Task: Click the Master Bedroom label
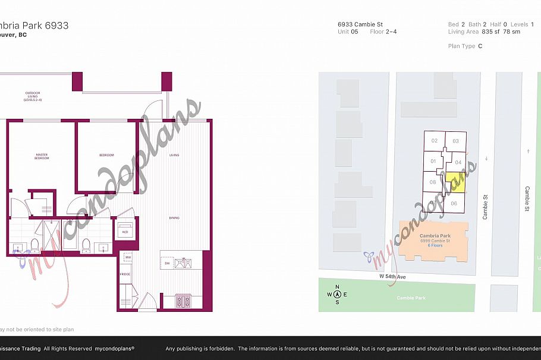click(42, 157)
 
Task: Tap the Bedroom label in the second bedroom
click(106, 155)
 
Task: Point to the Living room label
click(174, 155)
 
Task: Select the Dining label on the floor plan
click(174, 218)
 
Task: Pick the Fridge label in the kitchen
click(124, 274)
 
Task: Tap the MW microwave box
click(127, 257)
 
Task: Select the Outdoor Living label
click(33, 96)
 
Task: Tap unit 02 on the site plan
click(435, 141)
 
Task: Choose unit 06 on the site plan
click(454, 203)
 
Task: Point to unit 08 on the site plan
click(433, 182)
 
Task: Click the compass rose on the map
click(337, 294)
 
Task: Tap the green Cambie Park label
click(408, 298)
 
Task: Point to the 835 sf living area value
click(487, 31)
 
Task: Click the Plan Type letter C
click(480, 46)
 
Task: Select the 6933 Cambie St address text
click(360, 24)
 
